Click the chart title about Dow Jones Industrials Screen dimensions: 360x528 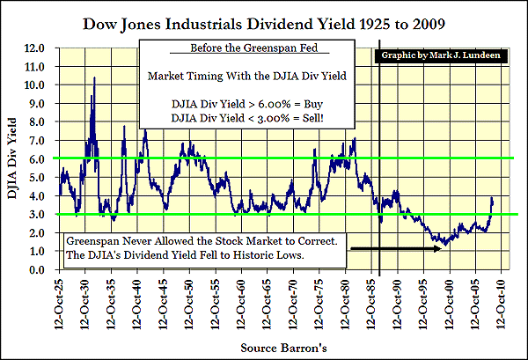pyautogui.click(x=263, y=18)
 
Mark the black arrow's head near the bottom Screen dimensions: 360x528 pyautogui.click(x=439, y=250)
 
